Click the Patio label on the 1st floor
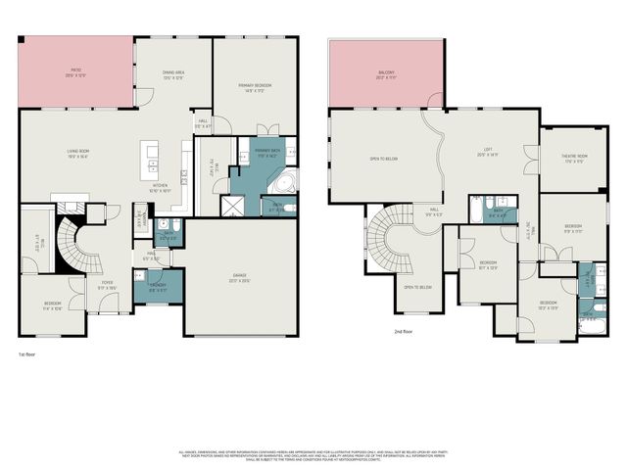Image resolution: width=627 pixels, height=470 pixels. click(74, 72)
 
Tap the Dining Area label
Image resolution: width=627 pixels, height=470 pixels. click(174, 73)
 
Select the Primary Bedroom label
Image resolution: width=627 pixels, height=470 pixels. click(255, 88)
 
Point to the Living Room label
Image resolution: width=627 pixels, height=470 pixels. click(78, 152)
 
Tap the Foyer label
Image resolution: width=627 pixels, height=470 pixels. click(108, 285)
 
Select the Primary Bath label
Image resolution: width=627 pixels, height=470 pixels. click(266, 154)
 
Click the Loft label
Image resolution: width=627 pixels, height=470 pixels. click(488, 153)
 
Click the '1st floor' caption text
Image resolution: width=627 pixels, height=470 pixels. click(28, 352)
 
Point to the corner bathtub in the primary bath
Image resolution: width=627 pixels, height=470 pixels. click(283, 184)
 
